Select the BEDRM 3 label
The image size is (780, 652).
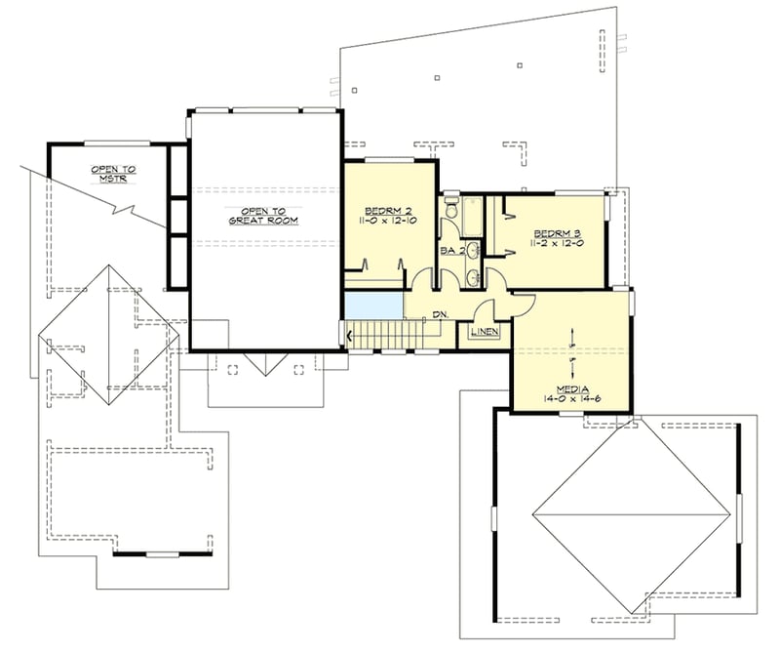pos(556,232)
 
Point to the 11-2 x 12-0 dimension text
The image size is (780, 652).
pos(556,244)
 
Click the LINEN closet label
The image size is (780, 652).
pos(485,333)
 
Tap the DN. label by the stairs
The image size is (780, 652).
pos(440,314)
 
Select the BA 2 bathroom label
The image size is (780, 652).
pos(450,251)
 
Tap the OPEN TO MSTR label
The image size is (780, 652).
pos(113,173)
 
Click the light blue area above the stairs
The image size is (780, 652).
pos(373,304)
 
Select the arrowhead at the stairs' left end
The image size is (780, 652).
pos(348,335)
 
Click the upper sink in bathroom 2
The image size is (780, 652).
pos(473,251)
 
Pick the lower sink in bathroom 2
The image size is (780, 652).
pos(473,278)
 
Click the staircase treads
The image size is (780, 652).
pos(385,335)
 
